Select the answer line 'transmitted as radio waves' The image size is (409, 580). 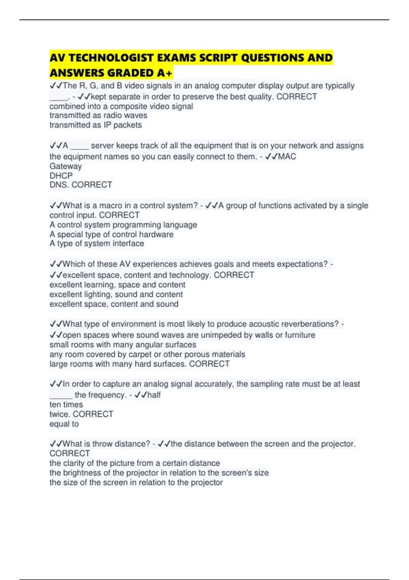tap(98, 115)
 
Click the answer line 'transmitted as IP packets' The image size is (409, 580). tap(95, 125)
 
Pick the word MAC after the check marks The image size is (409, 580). tap(287, 157)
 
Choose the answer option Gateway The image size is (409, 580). tap(66, 166)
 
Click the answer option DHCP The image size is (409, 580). tap(61, 176)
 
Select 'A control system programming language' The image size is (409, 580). tap(123, 225)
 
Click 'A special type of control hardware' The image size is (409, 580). tap(111, 234)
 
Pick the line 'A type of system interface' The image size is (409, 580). tap(97, 244)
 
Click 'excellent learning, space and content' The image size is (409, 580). tap(117, 285)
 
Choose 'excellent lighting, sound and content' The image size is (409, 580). tap(116, 294)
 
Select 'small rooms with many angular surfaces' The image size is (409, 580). tap(123, 345)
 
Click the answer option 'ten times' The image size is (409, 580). tap(66, 405)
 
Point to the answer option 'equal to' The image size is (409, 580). tap(64, 424)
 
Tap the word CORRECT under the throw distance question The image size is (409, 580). tap(70, 453)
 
